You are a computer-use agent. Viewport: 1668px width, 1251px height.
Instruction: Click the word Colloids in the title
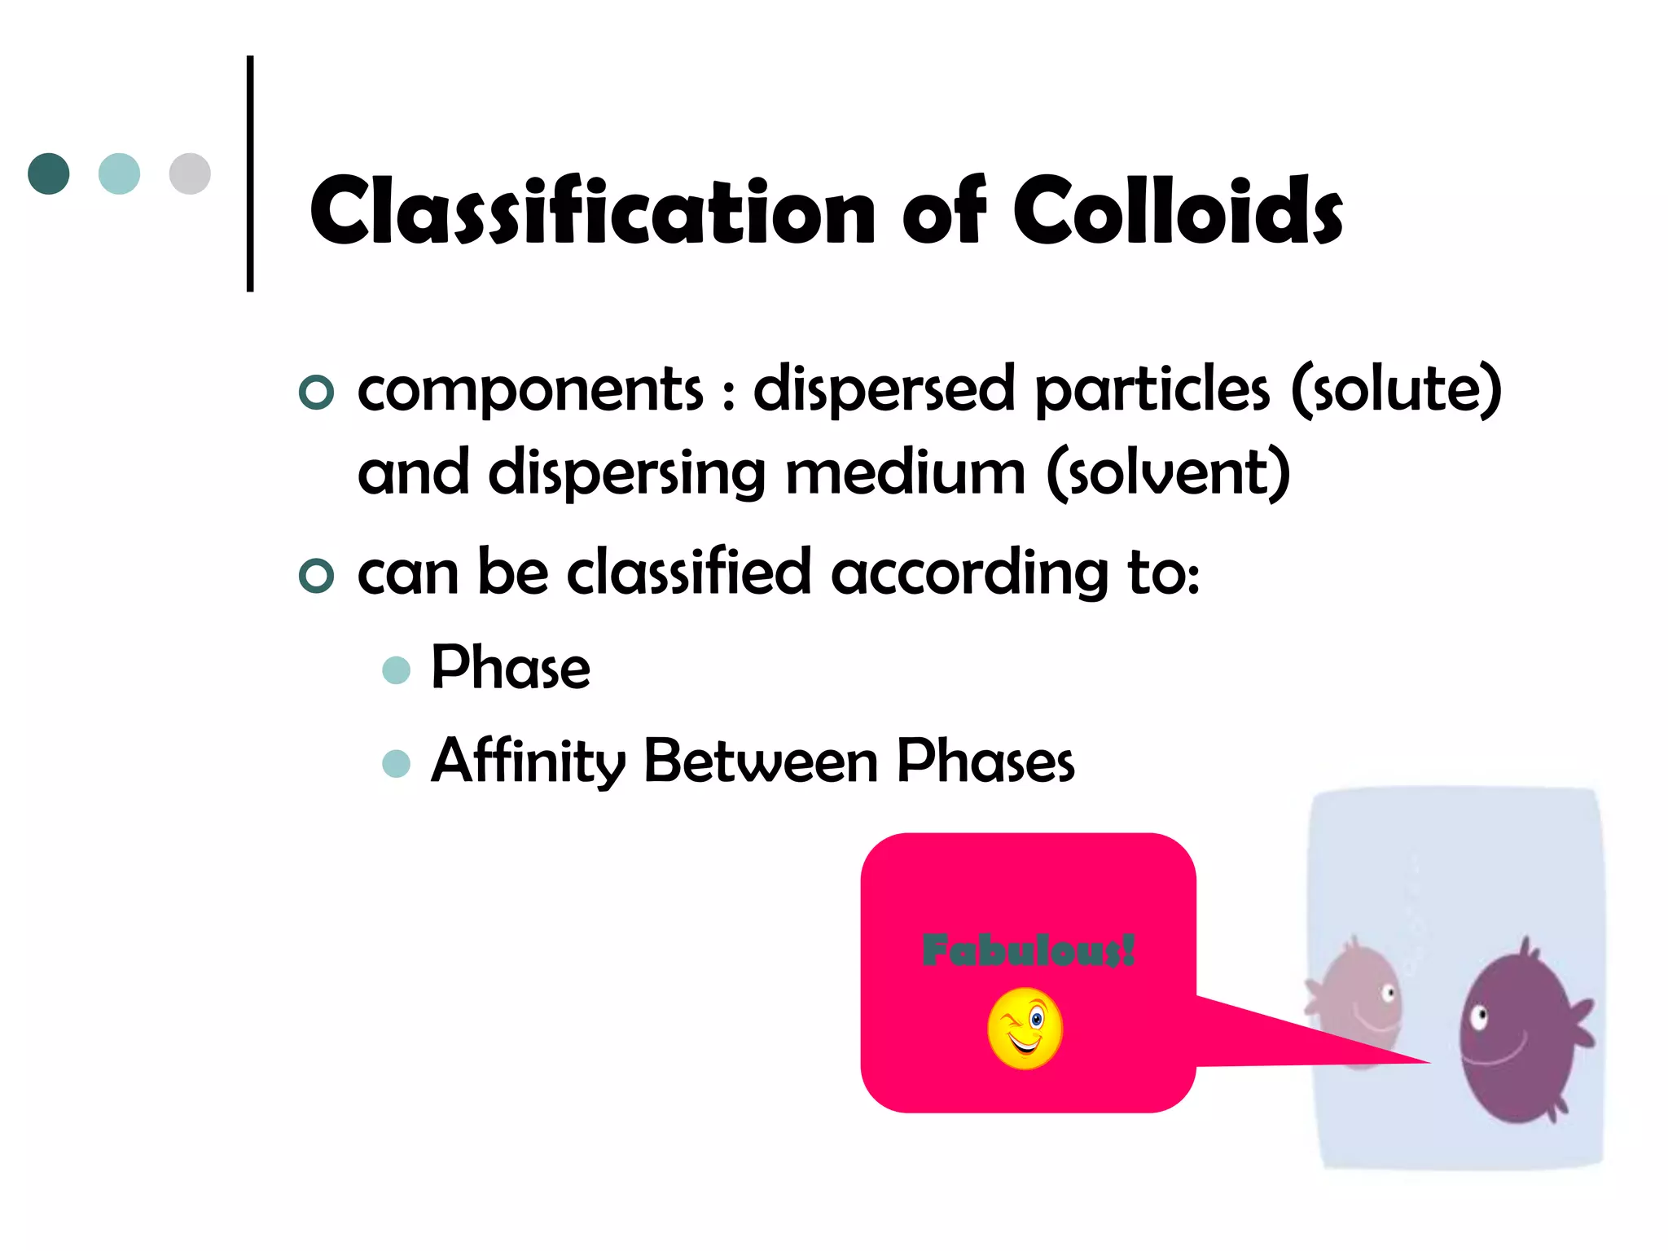(x=1178, y=212)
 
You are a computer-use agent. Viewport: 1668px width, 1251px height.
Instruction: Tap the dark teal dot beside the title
(x=49, y=173)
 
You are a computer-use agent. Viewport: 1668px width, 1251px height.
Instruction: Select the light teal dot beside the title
(x=119, y=173)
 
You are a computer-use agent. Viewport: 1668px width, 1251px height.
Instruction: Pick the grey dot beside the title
(x=190, y=173)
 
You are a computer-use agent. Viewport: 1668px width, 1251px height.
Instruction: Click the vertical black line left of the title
(x=250, y=173)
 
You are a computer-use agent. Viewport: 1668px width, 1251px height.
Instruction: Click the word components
(x=530, y=389)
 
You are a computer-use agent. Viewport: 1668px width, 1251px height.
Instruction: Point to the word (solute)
(x=1396, y=389)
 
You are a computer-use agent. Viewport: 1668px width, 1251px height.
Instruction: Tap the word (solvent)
(x=1168, y=472)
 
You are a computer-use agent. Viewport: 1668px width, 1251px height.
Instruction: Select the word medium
(x=904, y=472)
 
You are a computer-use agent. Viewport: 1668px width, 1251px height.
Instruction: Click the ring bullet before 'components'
(x=316, y=393)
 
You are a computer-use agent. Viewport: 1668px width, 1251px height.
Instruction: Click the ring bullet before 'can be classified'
(x=316, y=576)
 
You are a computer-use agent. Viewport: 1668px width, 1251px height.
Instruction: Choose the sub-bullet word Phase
(x=510, y=668)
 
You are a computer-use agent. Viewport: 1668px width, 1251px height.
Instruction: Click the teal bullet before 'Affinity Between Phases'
(x=396, y=763)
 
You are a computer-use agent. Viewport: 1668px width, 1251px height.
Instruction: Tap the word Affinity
(x=528, y=762)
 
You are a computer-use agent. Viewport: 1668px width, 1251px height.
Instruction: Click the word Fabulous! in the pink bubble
(x=1028, y=950)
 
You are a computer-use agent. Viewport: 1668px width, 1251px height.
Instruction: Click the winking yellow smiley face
(x=1025, y=1028)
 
